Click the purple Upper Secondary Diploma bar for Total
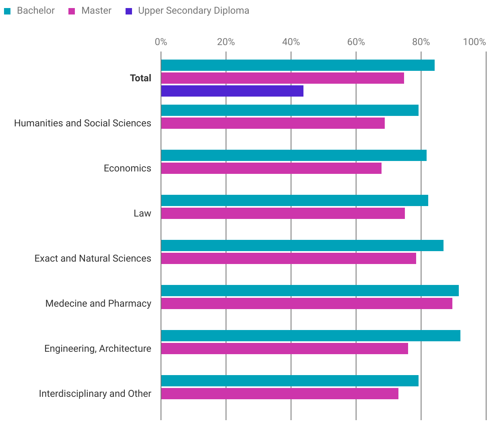click(x=232, y=91)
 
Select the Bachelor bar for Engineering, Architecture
click(x=310, y=336)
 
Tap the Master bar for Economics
click(x=271, y=168)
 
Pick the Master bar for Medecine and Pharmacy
click(x=307, y=303)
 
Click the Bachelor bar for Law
click(x=295, y=200)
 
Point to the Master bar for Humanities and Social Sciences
click(x=273, y=123)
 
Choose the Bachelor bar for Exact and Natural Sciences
click(x=302, y=246)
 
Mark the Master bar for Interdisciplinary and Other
click(x=280, y=394)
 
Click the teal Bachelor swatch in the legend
click(x=7, y=11)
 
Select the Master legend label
click(x=96, y=10)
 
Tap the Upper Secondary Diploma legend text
click(x=193, y=10)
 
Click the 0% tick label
click(x=161, y=42)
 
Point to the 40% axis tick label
click(x=291, y=42)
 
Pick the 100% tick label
click(x=474, y=42)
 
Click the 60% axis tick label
click(x=356, y=42)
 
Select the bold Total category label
click(x=140, y=78)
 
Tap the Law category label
click(x=142, y=213)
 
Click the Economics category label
click(x=127, y=168)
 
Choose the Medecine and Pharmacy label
click(x=98, y=303)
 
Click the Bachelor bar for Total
click(x=298, y=65)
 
